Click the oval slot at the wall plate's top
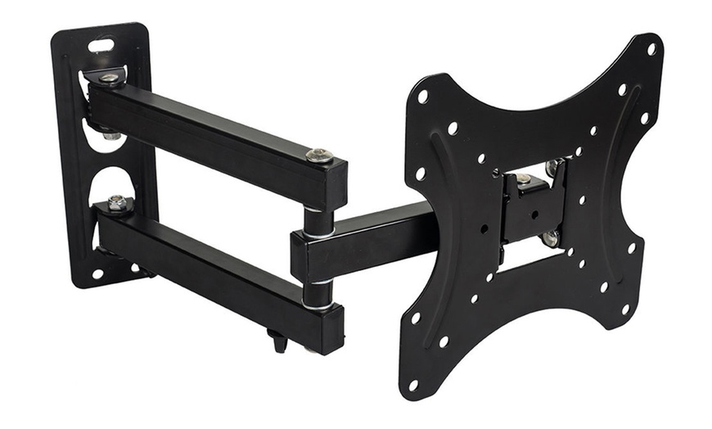point(102,46)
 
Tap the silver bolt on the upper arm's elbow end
point(319,154)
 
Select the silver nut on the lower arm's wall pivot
point(117,202)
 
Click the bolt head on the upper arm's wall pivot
point(109,79)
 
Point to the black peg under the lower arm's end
point(279,338)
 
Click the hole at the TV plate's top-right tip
point(651,48)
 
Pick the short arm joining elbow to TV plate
point(368,237)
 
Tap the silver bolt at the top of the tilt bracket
point(524,178)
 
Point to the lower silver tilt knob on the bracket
point(550,238)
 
